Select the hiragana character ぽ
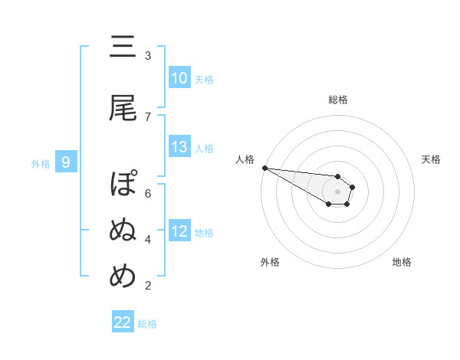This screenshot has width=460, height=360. click(123, 186)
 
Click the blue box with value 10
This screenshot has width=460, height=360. click(179, 78)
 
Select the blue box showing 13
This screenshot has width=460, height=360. click(179, 147)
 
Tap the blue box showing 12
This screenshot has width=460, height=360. click(179, 231)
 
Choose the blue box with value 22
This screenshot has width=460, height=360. click(123, 322)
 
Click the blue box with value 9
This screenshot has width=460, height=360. click(67, 162)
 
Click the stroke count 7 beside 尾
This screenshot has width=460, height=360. click(148, 116)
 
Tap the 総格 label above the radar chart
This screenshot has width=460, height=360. click(337, 100)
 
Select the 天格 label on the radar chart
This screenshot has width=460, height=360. click(431, 159)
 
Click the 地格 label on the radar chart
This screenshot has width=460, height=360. click(402, 262)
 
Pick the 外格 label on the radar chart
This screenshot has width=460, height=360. click(270, 262)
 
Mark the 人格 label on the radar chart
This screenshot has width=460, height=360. click(245, 159)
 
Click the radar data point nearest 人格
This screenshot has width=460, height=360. click(264, 168)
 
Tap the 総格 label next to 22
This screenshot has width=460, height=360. click(147, 324)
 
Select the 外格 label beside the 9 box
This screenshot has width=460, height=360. click(41, 163)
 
